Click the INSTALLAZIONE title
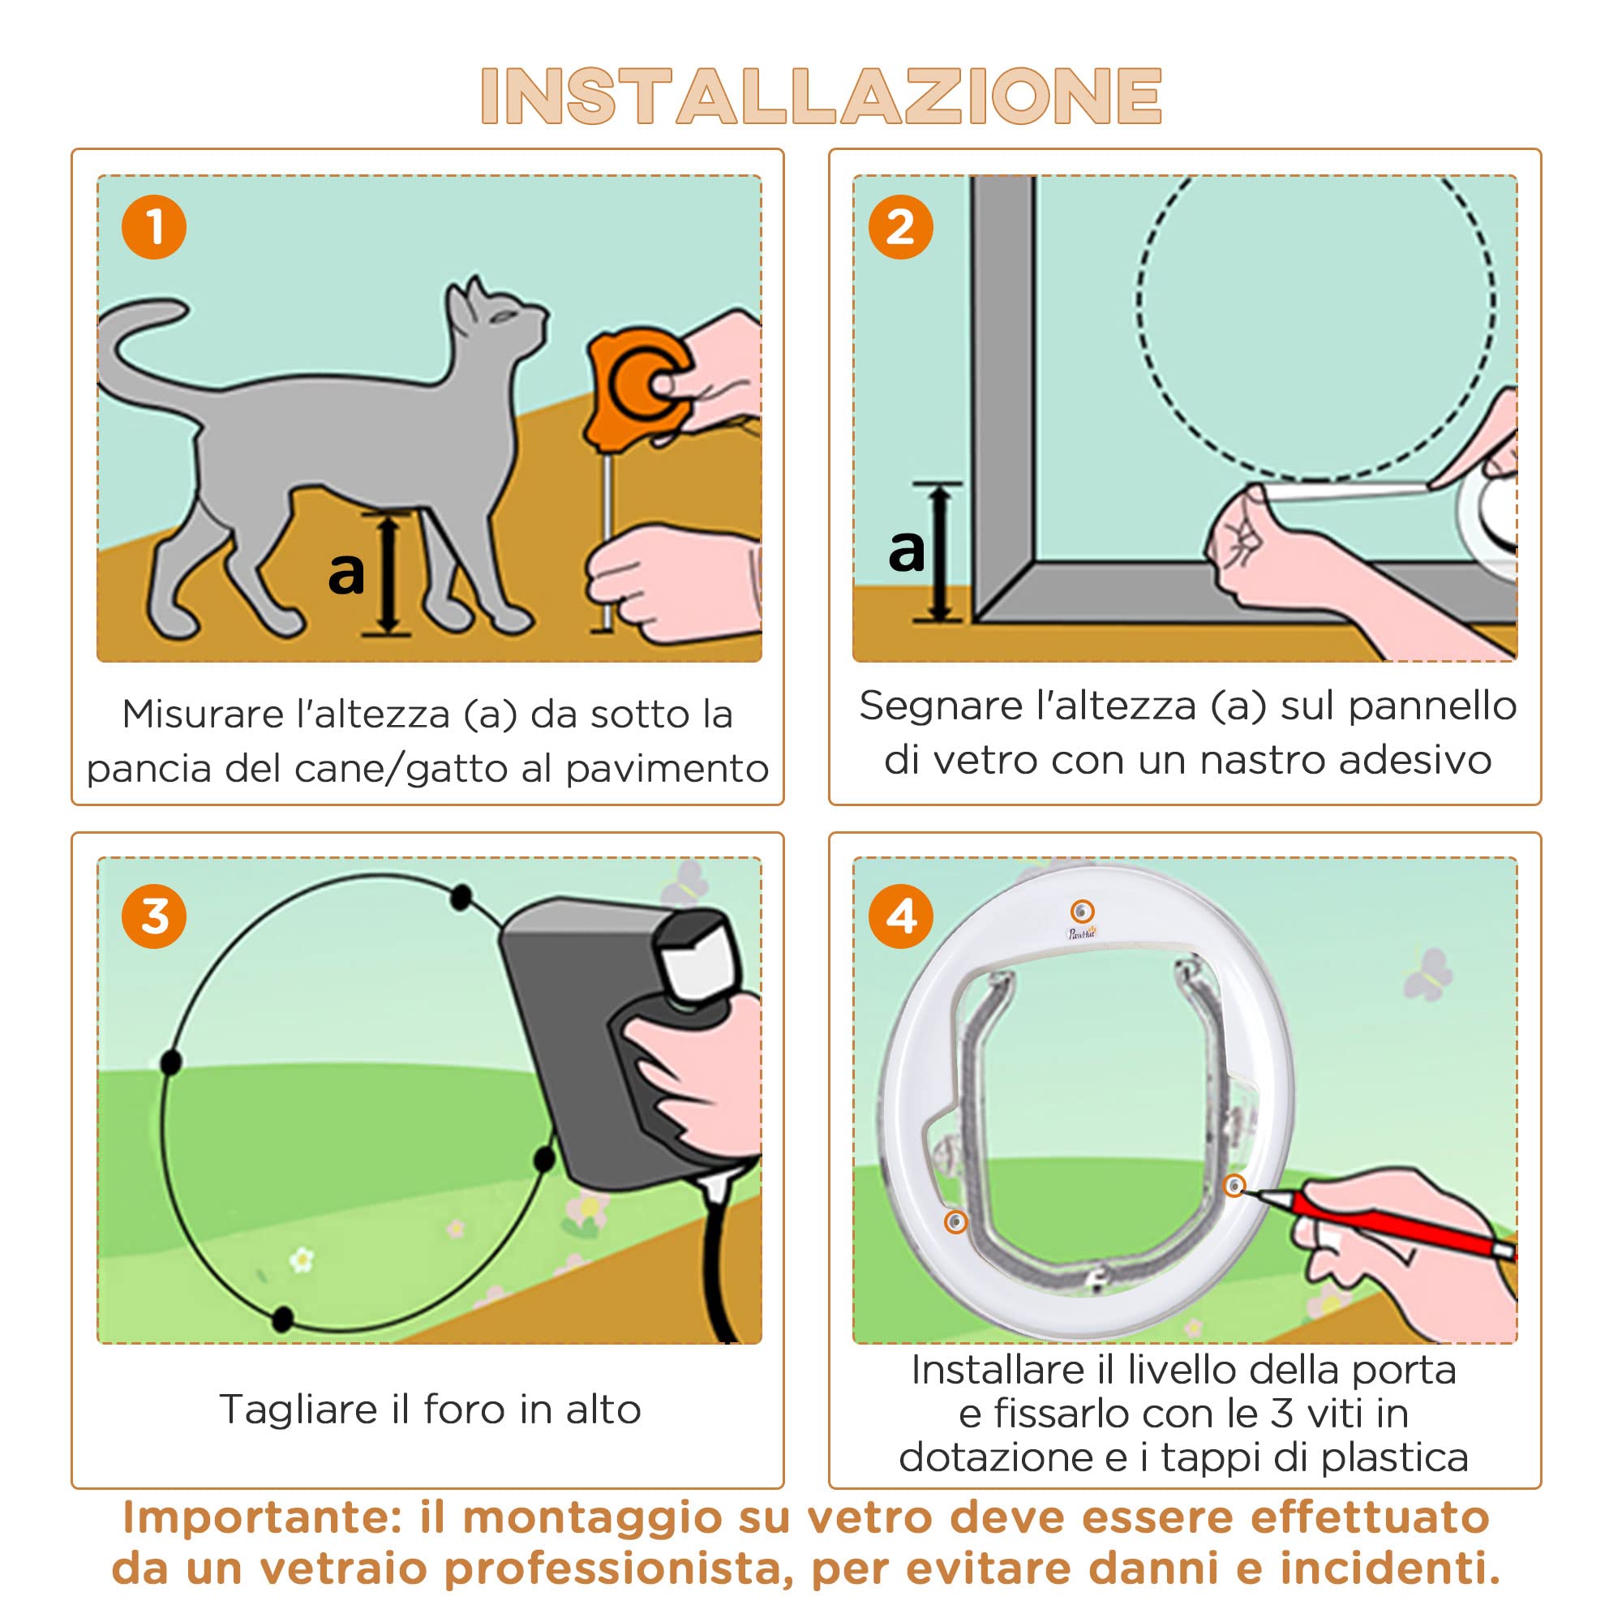[820, 96]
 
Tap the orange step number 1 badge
[153, 228]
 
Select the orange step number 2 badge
[900, 228]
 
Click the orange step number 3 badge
[153, 916]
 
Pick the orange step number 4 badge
[900, 916]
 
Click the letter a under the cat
[346, 573]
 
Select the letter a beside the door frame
[906, 551]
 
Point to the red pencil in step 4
[1385, 1224]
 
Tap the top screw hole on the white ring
[1082, 911]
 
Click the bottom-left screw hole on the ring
[955, 1221]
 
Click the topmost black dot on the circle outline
[460, 898]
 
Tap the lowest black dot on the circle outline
[283, 1318]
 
